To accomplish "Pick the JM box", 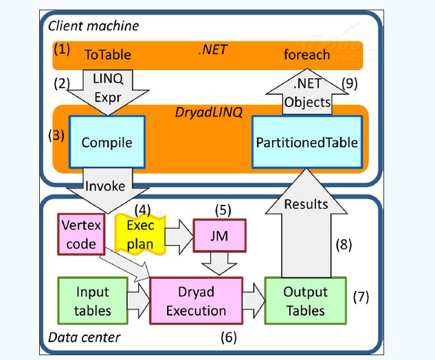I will (x=219, y=236).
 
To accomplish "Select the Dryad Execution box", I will (x=196, y=301).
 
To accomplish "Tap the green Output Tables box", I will (x=305, y=301).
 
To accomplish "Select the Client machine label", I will (x=93, y=26).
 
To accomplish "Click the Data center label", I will (x=85, y=337).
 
